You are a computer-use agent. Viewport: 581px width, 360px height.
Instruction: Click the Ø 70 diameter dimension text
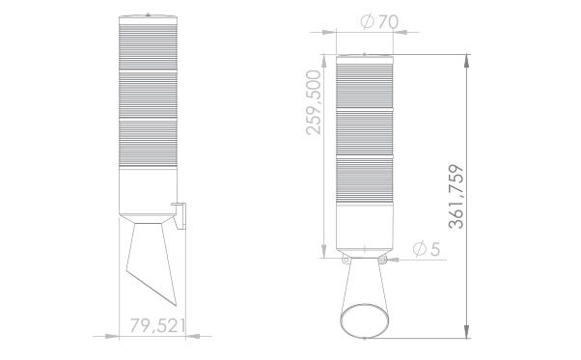(379, 22)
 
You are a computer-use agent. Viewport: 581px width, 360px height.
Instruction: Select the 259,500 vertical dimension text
(314, 102)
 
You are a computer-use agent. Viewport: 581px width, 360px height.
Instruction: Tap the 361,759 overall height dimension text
(456, 196)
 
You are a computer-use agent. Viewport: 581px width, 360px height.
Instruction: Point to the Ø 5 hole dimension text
(427, 249)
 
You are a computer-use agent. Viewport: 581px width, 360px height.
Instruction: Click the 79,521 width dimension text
(157, 325)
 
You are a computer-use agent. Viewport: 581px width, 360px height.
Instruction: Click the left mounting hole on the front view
(346, 260)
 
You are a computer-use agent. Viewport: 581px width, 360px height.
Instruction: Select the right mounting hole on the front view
(383, 260)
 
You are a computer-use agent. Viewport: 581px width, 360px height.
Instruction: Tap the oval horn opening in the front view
(365, 320)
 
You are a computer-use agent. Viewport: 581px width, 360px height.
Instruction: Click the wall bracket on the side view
(180, 215)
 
